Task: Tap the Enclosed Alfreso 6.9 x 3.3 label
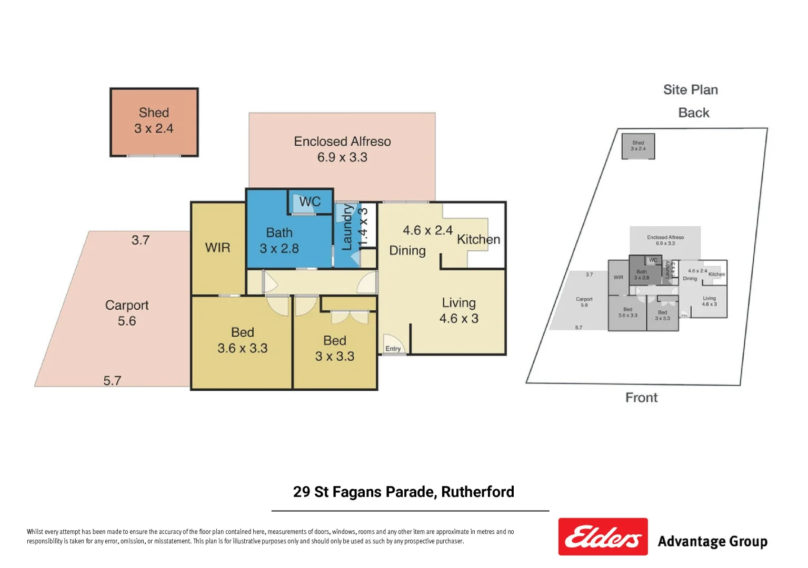(x=342, y=149)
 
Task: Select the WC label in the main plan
(x=310, y=202)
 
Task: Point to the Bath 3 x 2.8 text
(x=279, y=240)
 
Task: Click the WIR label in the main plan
(x=217, y=248)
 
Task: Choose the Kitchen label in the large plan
(x=478, y=240)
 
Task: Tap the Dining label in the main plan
(x=407, y=251)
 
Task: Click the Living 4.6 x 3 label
(x=458, y=311)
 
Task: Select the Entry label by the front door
(x=393, y=349)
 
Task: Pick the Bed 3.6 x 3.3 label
(x=242, y=340)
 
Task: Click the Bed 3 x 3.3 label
(x=334, y=348)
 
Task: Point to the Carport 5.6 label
(x=127, y=313)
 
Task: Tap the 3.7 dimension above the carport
(x=141, y=240)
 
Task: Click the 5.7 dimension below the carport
(x=112, y=380)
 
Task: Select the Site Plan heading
(x=690, y=90)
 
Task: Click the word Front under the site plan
(x=641, y=398)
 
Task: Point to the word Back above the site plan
(x=693, y=113)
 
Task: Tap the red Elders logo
(x=603, y=536)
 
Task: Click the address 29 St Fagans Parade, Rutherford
(x=403, y=492)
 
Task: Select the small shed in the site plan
(x=638, y=146)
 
